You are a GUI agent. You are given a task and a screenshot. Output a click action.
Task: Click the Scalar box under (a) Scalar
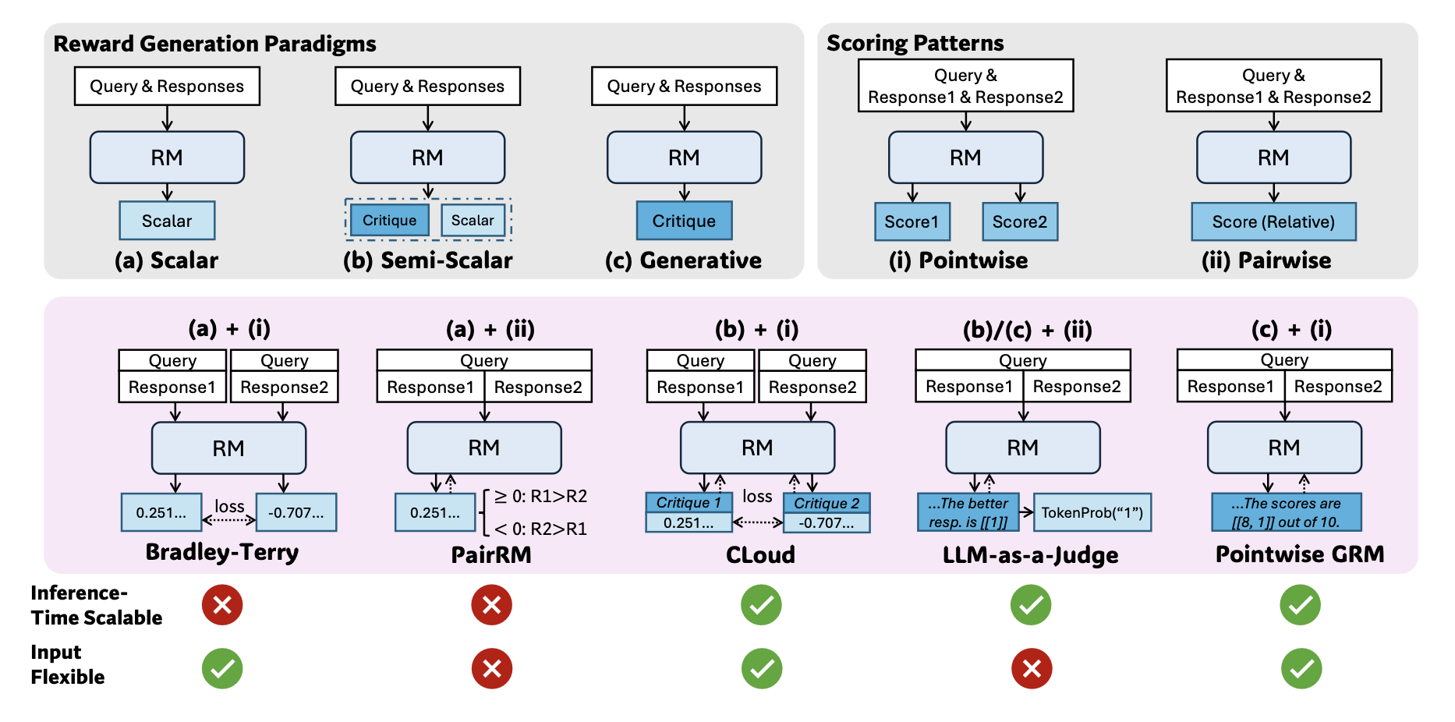167,221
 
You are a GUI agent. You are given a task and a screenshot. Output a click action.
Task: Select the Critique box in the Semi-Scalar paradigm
389,221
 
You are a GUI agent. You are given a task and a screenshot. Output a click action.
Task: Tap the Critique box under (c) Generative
684,221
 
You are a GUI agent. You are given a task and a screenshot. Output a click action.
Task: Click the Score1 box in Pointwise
912,221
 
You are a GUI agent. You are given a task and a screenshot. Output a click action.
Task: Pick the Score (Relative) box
1273,221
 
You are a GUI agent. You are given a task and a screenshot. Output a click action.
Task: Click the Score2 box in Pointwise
1019,221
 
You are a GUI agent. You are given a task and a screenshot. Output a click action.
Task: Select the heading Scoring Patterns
915,43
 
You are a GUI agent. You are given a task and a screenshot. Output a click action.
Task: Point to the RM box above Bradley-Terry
228,448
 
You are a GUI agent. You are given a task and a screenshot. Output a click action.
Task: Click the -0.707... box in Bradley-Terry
296,512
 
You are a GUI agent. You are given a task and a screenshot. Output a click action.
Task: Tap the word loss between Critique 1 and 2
757,497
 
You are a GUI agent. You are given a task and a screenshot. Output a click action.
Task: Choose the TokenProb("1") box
1092,512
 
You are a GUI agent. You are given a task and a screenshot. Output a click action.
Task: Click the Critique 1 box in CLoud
689,503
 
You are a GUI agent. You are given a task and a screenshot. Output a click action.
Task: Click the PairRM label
491,554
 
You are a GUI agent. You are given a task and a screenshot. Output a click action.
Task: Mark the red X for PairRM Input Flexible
491,668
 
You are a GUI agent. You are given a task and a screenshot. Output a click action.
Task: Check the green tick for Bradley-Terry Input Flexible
222,668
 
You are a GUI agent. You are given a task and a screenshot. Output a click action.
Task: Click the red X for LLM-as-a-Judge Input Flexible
1031,668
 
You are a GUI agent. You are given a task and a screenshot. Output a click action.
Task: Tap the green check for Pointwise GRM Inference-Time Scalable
1300,605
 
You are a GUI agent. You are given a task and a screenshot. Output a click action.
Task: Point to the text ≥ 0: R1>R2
541,497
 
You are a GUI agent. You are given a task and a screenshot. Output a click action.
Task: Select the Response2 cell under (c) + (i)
1337,387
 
